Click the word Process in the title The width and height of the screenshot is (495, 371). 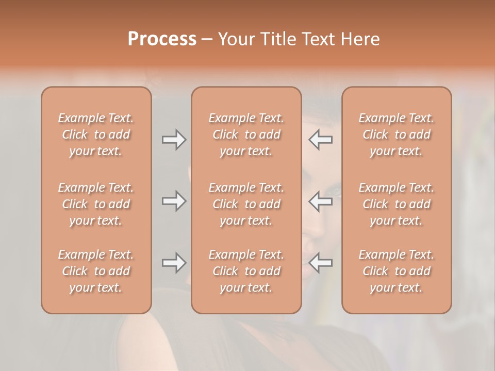click(x=162, y=39)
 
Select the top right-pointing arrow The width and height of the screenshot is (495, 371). click(x=174, y=140)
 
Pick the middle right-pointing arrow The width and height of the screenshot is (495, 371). click(x=174, y=201)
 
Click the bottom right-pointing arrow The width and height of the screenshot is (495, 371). click(x=174, y=263)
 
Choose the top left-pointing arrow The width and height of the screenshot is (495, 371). click(x=321, y=140)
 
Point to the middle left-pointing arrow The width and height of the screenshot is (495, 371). click(x=321, y=201)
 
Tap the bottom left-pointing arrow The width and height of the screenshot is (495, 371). click(x=321, y=263)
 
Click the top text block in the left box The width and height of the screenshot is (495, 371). click(x=96, y=134)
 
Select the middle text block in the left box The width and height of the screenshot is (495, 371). click(x=96, y=204)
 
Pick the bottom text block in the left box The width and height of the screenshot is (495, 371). click(x=96, y=271)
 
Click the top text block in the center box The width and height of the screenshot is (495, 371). click(x=246, y=134)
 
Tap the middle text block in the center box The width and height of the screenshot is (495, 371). click(x=246, y=204)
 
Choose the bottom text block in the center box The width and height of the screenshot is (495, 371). click(x=246, y=271)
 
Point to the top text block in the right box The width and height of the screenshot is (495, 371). click(x=397, y=134)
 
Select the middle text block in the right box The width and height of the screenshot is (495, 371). click(x=397, y=204)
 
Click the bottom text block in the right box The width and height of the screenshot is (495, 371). click(x=397, y=271)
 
